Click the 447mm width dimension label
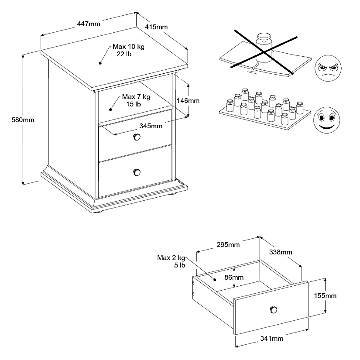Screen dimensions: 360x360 pyautogui.click(x=88, y=24)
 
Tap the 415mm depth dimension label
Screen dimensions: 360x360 pyautogui.click(x=156, y=27)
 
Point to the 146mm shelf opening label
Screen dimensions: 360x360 pyautogui.click(x=188, y=100)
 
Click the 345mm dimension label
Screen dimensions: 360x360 pyautogui.click(x=151, y=126)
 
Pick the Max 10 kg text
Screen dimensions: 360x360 pyautogui.click(x=128, y=47)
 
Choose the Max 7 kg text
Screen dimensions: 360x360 pyautogui.click(x=136, y=97)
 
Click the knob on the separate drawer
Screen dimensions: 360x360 pyautogui.click(x=273, y=309)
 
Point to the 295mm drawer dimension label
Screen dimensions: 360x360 pyautogui.click(x=228, y=245)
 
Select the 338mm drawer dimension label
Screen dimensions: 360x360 pyautogui.click(x=280, y=252)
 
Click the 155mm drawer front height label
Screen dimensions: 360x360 pyautogui.click(x=325, y=296)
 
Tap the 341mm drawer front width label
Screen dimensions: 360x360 pyautogui.click(x=272, y=338)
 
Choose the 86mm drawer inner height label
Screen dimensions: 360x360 pyautogui.click(x=234, y=278)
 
